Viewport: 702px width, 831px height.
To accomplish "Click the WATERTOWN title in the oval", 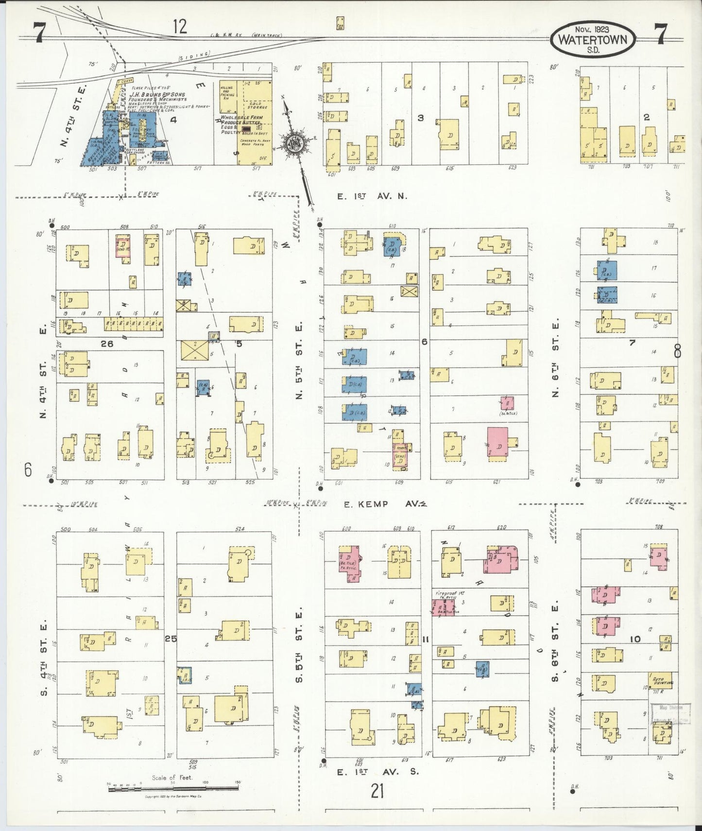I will tap(593, 40).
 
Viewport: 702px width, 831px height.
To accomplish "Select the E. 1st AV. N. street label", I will tap(372, 196).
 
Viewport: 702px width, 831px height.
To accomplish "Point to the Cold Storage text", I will tap(256, 106).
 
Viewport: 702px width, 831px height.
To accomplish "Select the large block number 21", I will tap(377, 792).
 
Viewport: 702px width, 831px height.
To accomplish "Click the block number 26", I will tap(107, 344).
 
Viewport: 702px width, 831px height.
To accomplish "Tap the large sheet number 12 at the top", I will tap(179, 26).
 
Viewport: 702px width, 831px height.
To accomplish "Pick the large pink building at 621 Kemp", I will tap(498, 442).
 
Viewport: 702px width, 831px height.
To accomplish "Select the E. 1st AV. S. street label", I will tap(377, 771).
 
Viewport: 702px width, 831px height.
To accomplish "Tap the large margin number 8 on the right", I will tap(677, 350).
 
